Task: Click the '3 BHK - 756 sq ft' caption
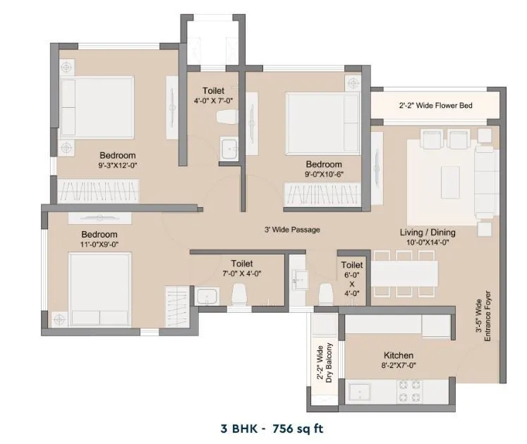pyautogui.click(x=272, y=428)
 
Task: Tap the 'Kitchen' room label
pyautogui.click(x=399, y=355)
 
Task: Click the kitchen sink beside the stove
pyautogui.click(x=360, y=392)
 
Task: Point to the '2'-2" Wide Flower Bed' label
pyautogui.click(x=435, y=106)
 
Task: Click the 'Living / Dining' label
pyautogui.click(x=428, y=233)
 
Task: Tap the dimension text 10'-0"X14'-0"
pyautogui.click(x=428, y=242)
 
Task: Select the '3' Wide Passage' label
pyautogui.click(x=292, y=230)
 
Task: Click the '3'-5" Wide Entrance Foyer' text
pyautogui.click(x=483, y=316)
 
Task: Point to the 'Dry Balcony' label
pyautogui.click(x=329, y=362)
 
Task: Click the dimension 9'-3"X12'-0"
pyautogui.click(x=118, y=165)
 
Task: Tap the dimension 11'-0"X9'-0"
pyautogui.click(x=99, y=244)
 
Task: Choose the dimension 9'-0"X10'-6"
pyautogui.click(x=324, y=174)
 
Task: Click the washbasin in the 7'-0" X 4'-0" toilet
pyautogui.click(x=207, y=296)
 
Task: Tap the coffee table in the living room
pyautogui.click(x=450, y=182)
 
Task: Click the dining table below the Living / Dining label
pyautogui.click(x=404, y=273)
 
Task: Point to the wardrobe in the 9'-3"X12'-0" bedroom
pyautogui.click(x=98, y=191)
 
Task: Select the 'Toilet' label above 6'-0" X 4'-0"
pyautogui.click(x=352, y=265)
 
